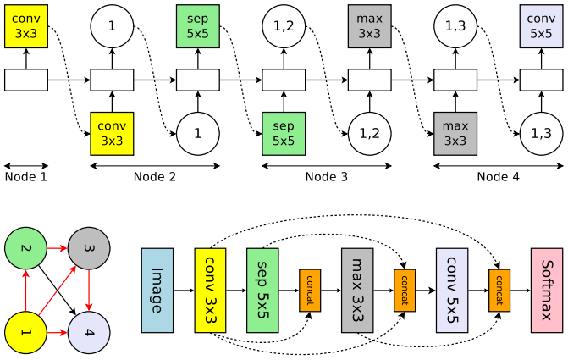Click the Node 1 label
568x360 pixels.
(x=26, y=177)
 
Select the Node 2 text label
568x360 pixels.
(x=155, y=177)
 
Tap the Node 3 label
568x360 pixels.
(x=327, y=177)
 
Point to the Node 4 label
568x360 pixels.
(x=498, y=177)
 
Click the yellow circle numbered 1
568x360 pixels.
(x=25, y=332)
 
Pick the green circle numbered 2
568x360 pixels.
(x=25, y=248)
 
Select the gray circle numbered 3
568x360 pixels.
(x=89, y=248)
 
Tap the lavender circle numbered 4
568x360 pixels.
(x=89, y=332)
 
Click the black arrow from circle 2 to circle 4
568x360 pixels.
(x=58, y=291)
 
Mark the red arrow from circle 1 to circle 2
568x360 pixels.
(x=25, y=290)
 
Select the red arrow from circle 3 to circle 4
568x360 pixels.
(x=89, y=290)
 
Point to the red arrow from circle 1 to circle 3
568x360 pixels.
(x=58, y=290)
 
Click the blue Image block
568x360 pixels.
(x=157, y=291)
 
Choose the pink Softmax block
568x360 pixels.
(x=547, y=291)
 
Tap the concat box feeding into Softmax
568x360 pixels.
(x=499, y=291)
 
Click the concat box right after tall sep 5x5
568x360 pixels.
(x=310, y=291)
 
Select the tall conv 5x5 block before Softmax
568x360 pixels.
(x=452, y=291)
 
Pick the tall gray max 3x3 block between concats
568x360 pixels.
(x=357, y=291)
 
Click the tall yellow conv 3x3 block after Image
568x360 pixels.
(x=210, y=291)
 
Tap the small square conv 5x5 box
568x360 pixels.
(x=541, y=26)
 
